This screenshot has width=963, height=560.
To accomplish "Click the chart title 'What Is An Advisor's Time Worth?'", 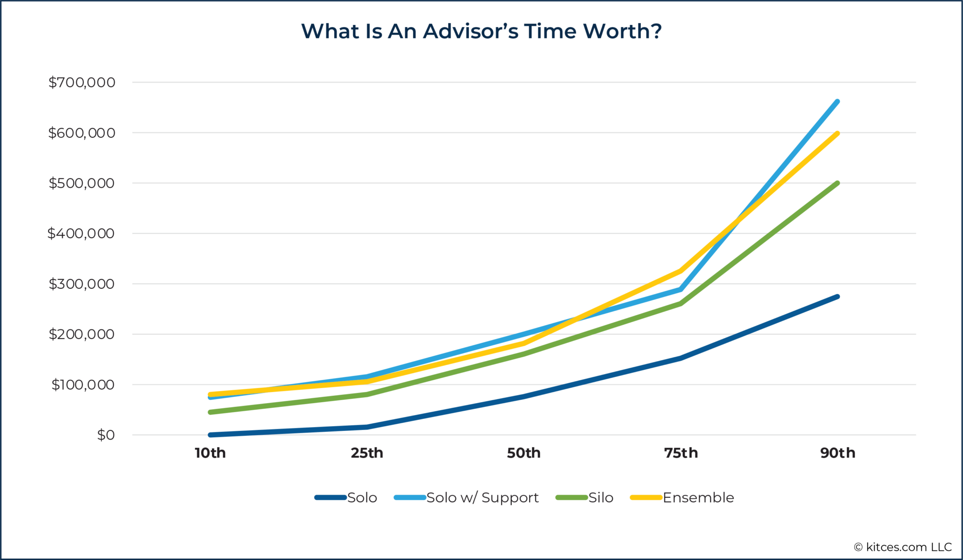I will tap(481, 31).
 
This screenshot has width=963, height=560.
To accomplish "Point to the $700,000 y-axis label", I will tap(82, 82).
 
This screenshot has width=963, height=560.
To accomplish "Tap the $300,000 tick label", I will tap(82, 284).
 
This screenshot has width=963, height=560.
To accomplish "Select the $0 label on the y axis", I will tap(106, 435).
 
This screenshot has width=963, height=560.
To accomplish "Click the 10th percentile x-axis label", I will tap(210, 453).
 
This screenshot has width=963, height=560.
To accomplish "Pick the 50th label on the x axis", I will tap(524, 453).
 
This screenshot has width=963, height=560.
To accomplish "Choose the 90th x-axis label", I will tap(838, 453).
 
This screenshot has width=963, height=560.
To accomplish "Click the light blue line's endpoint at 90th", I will tap(837, 102).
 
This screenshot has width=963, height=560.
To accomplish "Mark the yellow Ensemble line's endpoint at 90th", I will tap(837, 133).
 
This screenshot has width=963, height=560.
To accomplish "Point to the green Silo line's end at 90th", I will tap(837, 183).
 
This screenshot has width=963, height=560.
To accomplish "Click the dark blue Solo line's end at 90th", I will tap(837, 297).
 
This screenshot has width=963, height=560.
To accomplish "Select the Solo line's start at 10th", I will tap(211, 435).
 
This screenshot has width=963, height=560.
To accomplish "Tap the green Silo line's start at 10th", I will tap(211, 412).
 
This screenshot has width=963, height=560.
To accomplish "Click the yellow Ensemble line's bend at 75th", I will tap(680, 271).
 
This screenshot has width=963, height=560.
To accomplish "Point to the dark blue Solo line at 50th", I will tap(524, 397).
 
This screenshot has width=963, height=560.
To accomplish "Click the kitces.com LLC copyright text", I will tap(903, 547).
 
